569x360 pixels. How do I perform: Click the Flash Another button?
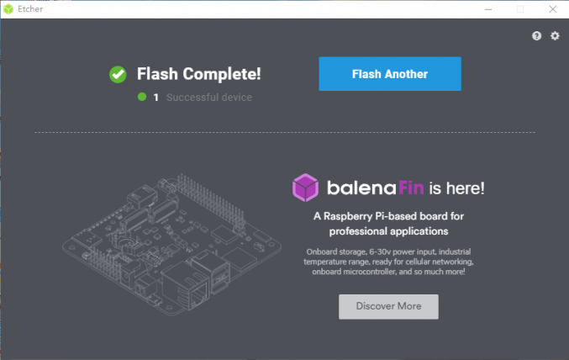(390, 74)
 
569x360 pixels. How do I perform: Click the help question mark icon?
(537, 36)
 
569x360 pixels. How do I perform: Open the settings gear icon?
(555, 36)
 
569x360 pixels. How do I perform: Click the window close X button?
(553, 9)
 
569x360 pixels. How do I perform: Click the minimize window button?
(488, 9)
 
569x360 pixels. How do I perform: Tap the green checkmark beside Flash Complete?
(118, 75)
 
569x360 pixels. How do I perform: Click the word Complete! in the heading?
(222, 75)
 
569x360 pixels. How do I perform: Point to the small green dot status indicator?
(142, 97)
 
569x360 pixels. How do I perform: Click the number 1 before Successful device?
(156, 98)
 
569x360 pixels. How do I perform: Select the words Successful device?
(209, 98)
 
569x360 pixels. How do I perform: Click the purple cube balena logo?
(306, 188)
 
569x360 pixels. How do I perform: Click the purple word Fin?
(411, 188)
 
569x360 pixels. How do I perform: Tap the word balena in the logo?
(361, 188)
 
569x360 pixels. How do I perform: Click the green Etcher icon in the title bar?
(8, 9)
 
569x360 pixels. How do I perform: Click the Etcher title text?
(30, 9)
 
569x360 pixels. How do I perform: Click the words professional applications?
(388, 231)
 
